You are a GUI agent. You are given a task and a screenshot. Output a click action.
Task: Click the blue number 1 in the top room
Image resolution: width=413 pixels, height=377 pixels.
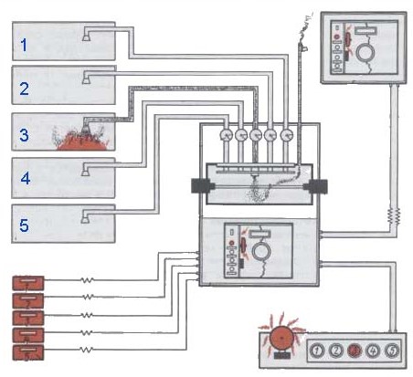tap(24, 45)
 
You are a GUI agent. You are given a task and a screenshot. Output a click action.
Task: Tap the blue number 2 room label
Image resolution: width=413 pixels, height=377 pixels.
tap(25, 89)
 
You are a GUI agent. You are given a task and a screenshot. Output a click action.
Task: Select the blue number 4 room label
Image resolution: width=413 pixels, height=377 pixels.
tap(26, 178)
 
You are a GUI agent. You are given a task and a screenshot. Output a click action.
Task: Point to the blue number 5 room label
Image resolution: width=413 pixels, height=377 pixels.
tap(24, 225)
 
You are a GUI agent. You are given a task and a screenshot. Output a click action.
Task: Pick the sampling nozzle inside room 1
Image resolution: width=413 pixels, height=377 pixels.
tap(86, 37)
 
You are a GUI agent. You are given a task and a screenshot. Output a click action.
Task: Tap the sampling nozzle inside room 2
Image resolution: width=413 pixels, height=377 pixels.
tap(86, 80)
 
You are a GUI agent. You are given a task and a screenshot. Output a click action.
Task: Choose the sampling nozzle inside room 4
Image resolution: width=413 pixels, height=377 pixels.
tap(85, 172)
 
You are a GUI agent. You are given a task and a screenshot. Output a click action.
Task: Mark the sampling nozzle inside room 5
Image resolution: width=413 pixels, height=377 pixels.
tap(85, 219)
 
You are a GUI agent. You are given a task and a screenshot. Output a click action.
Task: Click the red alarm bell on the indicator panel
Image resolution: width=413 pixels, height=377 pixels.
tap(281, 338)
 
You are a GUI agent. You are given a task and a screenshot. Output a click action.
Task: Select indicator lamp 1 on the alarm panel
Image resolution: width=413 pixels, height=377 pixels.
tap(317, 351)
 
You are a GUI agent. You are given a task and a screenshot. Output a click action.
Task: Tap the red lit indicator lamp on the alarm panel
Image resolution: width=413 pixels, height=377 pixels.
tap(355, 351)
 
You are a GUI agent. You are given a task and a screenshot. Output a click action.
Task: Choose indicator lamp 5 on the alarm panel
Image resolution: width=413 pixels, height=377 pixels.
tap(392, 351)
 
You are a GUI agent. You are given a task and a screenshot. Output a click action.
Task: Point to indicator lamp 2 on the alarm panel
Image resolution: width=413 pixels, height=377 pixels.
tap(336, 351)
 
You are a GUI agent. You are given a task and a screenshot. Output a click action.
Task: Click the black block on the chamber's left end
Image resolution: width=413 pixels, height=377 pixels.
tap(201, 185)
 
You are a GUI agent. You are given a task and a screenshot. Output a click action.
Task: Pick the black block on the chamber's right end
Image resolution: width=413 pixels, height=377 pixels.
tap(318, 186)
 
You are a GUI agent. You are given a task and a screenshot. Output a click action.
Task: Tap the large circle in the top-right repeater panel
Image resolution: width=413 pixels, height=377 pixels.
tap(366, 51)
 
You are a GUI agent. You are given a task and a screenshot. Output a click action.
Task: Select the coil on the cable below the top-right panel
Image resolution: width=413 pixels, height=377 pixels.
tap(394, 215)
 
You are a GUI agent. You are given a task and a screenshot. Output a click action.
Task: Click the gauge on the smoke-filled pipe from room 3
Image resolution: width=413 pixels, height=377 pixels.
tap(256, 135)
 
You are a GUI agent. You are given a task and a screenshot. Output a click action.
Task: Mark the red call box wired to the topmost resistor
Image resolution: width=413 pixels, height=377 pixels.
tap(28, 283)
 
